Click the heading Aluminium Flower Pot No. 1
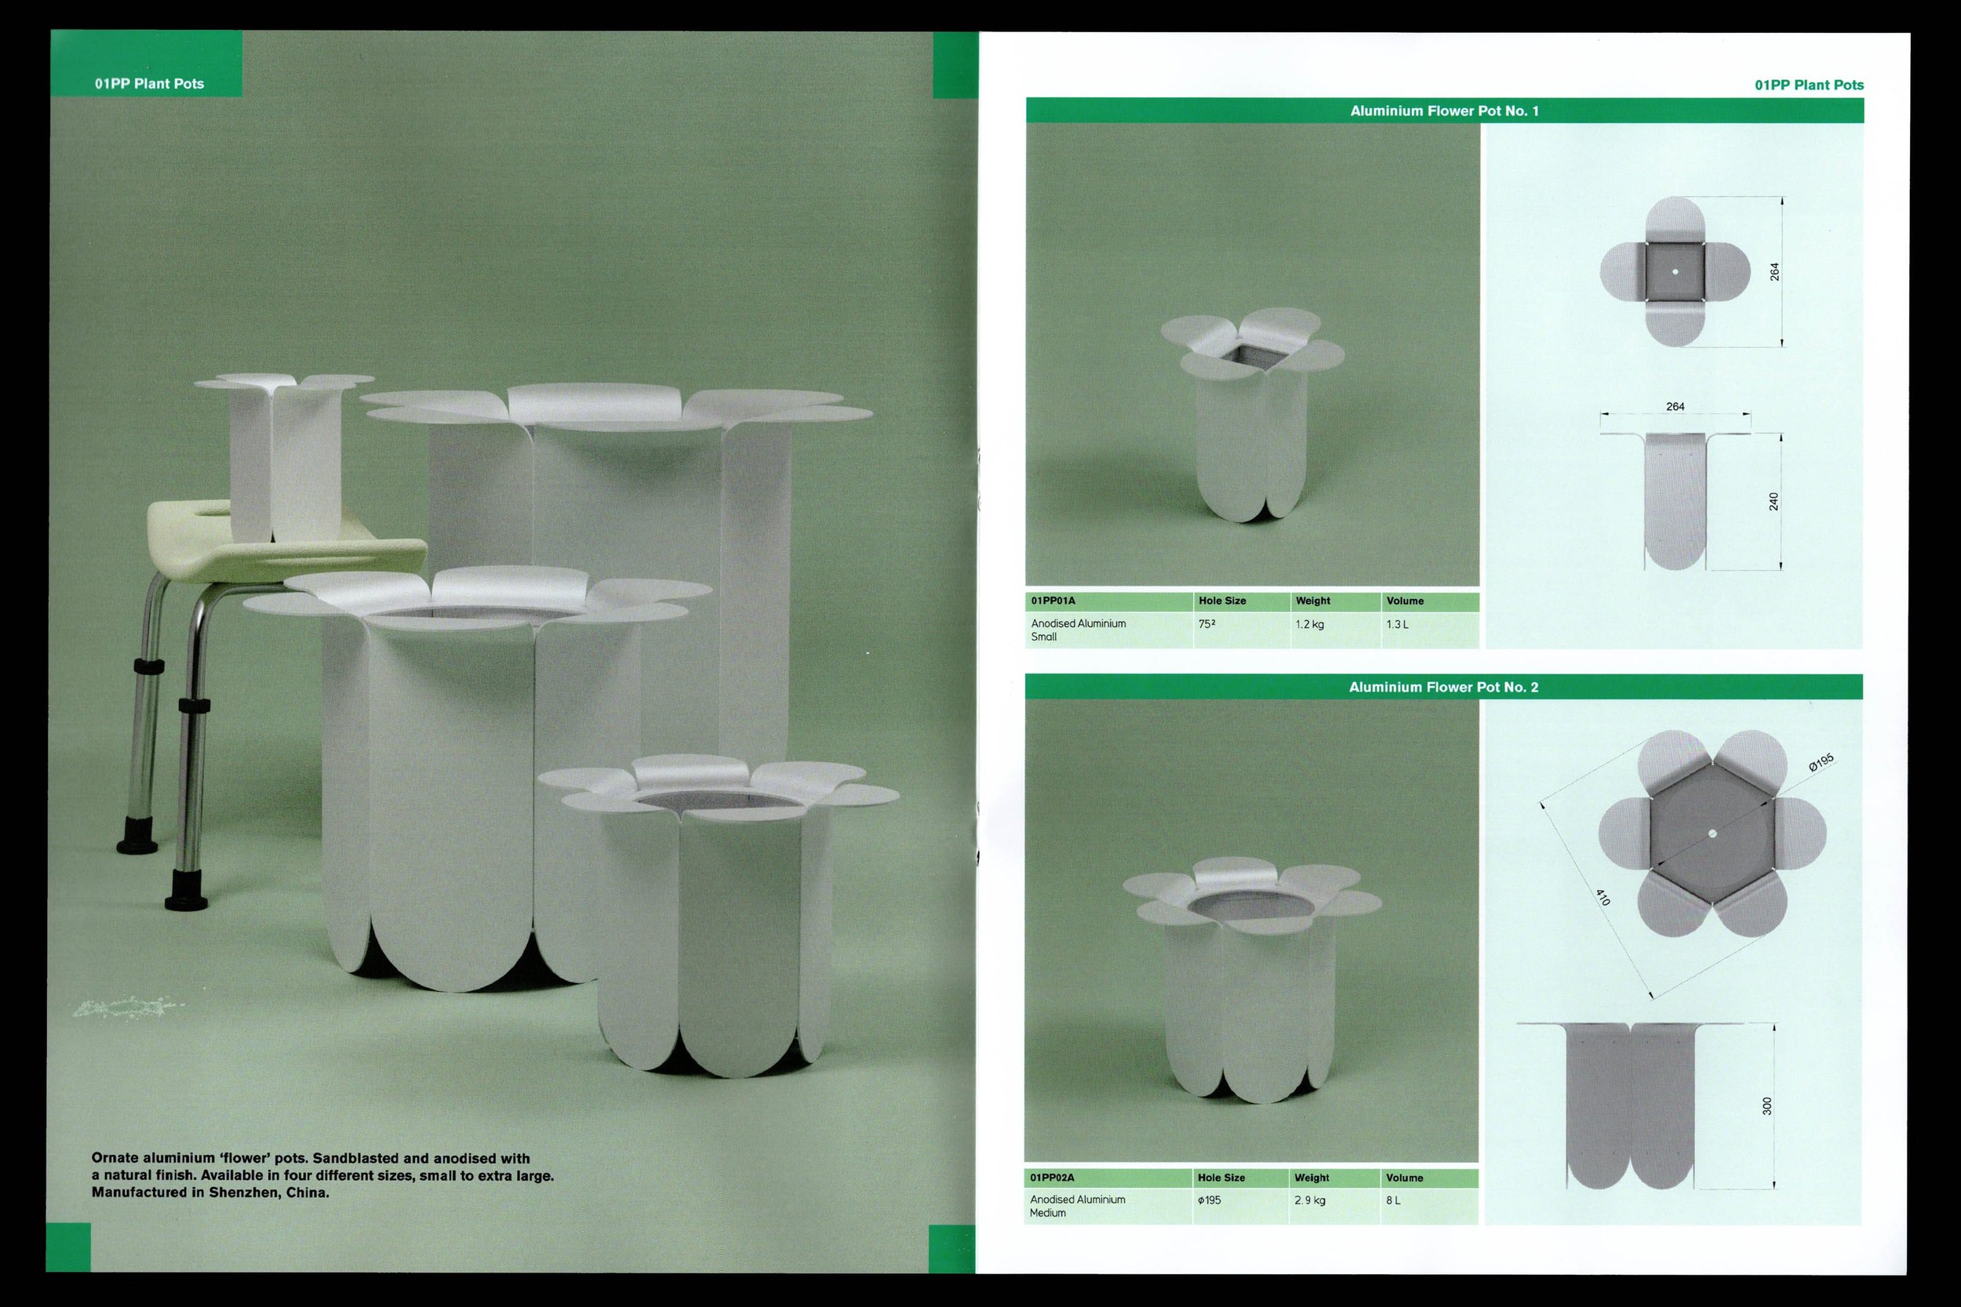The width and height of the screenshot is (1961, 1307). (1444, 111)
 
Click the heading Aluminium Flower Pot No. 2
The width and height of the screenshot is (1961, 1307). (1443, 687)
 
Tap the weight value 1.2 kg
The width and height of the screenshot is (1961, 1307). (1310, 623)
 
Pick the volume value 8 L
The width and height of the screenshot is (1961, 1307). (1393, 1200)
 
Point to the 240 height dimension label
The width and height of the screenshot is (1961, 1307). (1774, 501)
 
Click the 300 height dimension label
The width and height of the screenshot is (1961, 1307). (1766, 1106)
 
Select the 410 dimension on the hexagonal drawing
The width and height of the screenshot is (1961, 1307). (1602, 897)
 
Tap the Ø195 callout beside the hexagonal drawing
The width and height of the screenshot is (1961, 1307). (1821, 762)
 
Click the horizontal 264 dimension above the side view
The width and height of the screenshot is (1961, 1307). (1675, 407)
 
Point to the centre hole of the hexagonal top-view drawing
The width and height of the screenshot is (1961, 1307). (1712, 833)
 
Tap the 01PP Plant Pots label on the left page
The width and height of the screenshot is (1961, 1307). (149, 83)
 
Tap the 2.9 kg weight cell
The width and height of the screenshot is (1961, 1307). (1310, 1200)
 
